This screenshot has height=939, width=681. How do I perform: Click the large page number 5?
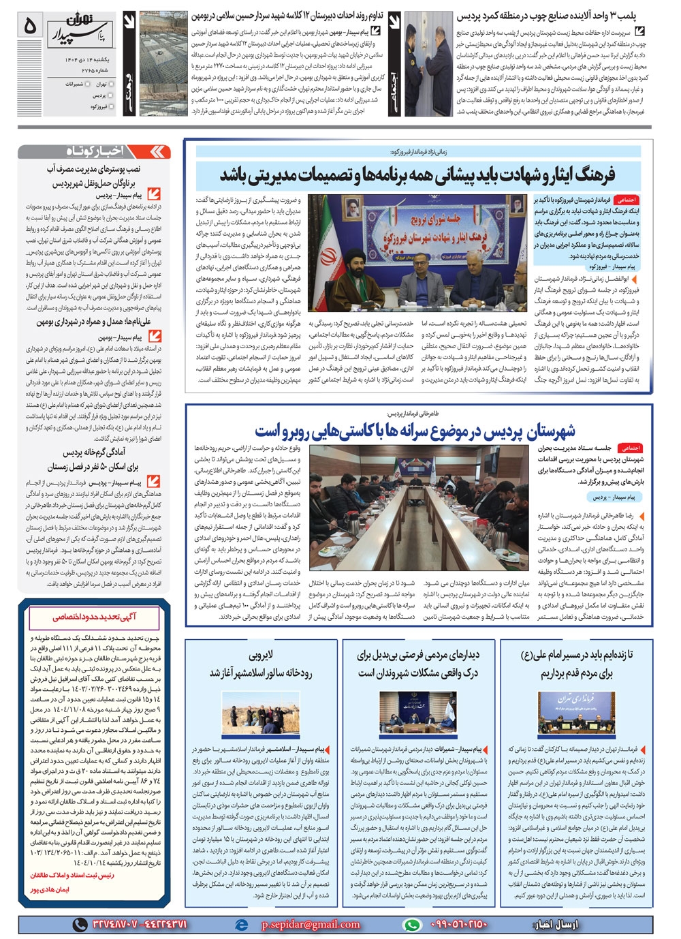[x=29, y=26]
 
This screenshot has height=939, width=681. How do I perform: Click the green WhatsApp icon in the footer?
[x=411, y=925]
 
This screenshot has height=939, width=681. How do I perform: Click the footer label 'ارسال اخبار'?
[x=556, y=925]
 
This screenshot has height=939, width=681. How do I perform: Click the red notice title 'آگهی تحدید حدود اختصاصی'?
[x=94, y=617]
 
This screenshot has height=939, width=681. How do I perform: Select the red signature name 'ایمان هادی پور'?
[x=50, y=889]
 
